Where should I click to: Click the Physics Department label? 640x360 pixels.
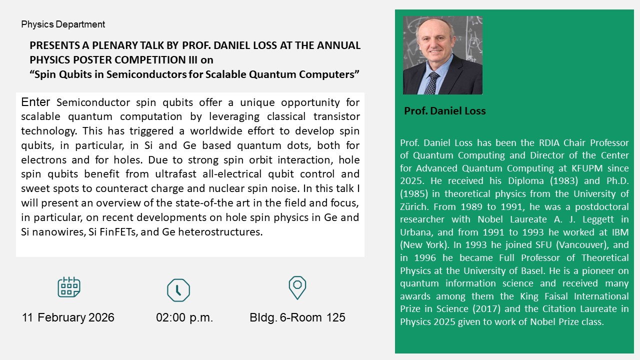pos(63,24)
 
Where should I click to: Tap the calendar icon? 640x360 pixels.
pos(69,287)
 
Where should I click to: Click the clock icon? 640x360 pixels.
pos(178,290)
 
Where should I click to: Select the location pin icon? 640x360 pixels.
pos(297,287)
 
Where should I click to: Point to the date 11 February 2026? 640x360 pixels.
pos(68,317)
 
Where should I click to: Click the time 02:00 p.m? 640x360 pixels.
pos(184,317)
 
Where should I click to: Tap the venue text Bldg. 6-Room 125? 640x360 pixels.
pos(297,317)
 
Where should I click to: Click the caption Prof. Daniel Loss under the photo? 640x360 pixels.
pos(445,111)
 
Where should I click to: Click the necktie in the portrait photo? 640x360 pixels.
pos(431,83)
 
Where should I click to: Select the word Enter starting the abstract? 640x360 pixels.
pos(35,102)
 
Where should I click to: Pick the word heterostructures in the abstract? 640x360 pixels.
pos(220,231)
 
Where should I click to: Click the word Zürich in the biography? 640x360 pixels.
pos(414,206)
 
